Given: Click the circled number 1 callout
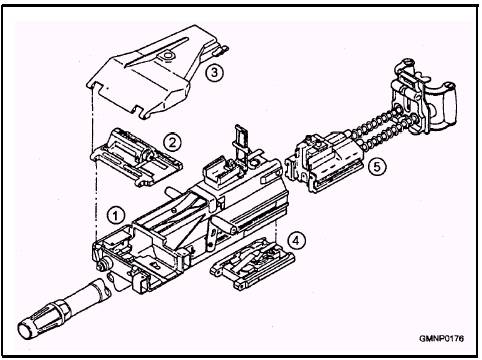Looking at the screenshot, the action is click(115, 216).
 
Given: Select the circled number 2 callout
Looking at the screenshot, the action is click(172, 143).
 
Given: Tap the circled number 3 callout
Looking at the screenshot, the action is click(214, 72).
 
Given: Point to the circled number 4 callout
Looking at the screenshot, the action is click(297, 240).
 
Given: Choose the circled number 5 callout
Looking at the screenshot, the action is click(377, 166).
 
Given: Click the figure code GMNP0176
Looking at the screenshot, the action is click(441, 339).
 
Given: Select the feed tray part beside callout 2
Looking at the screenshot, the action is click(137, 157).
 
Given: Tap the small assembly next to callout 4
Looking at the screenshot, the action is click(253, 263).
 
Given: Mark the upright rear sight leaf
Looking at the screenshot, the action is click(241, 142).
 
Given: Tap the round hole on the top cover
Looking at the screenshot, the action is click(168, 55).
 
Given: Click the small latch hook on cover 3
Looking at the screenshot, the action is click(223, 50).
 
